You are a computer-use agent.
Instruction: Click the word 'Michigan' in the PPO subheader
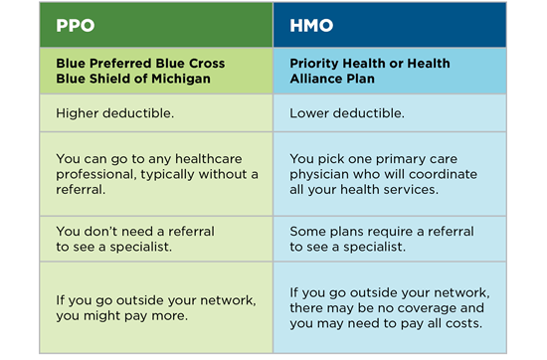click(x=177, y=80)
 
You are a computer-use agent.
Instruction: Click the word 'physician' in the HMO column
click(x=322, y=174)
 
